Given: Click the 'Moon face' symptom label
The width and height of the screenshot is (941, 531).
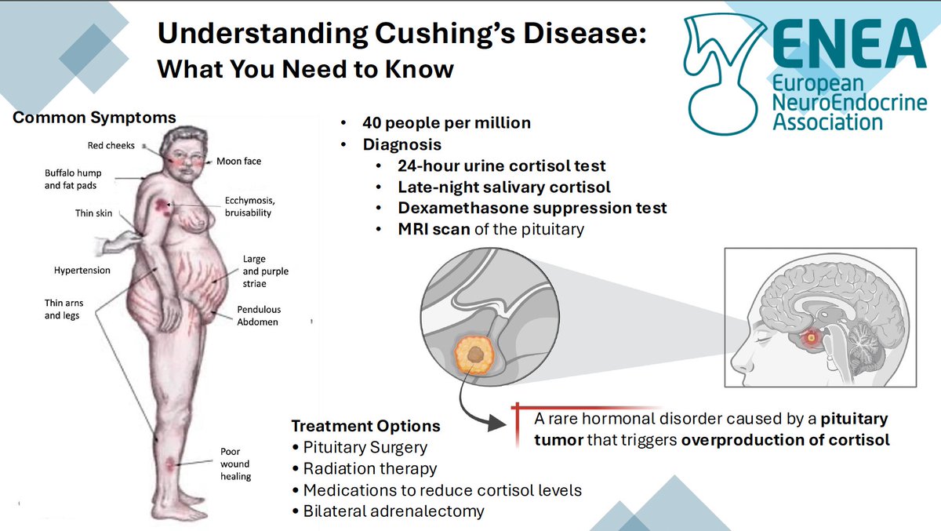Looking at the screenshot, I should (x=238, y=161).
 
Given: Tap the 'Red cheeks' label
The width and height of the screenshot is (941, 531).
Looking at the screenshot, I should (x=111, y=145).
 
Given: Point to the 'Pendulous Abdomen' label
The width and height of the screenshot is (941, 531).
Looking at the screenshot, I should (x=258, y=315).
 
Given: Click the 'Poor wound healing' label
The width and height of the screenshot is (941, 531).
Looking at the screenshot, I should (x=235, y=464).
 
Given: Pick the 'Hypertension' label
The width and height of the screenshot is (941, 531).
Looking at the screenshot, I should (x=82, y=270).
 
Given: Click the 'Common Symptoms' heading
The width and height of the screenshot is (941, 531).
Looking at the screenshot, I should (x=95, y=118).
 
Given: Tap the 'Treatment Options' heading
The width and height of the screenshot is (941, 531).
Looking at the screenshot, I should (x=365, y=426).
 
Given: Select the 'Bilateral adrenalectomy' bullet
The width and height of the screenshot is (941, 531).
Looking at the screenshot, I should (x=394, y=511).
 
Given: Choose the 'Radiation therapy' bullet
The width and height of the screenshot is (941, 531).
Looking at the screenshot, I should (x=369, y=468).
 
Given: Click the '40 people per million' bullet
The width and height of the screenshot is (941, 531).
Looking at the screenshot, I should (x=446, y=123).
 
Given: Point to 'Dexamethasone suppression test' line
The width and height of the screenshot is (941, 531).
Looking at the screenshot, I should (x=532, y=208).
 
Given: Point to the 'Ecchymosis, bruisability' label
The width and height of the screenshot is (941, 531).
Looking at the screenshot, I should (x=248, y=205).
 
